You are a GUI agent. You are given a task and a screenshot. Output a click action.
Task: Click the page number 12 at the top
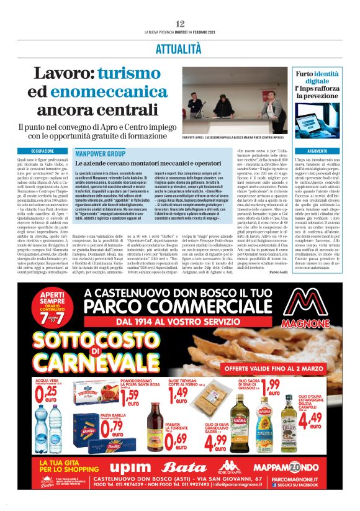tap(180, 24)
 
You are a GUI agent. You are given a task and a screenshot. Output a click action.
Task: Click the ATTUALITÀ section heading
tap(180, 47)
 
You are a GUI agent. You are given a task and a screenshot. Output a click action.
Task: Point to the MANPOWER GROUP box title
tap(99, 153)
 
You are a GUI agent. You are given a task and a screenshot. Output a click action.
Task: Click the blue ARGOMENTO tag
tap(317, 151)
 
